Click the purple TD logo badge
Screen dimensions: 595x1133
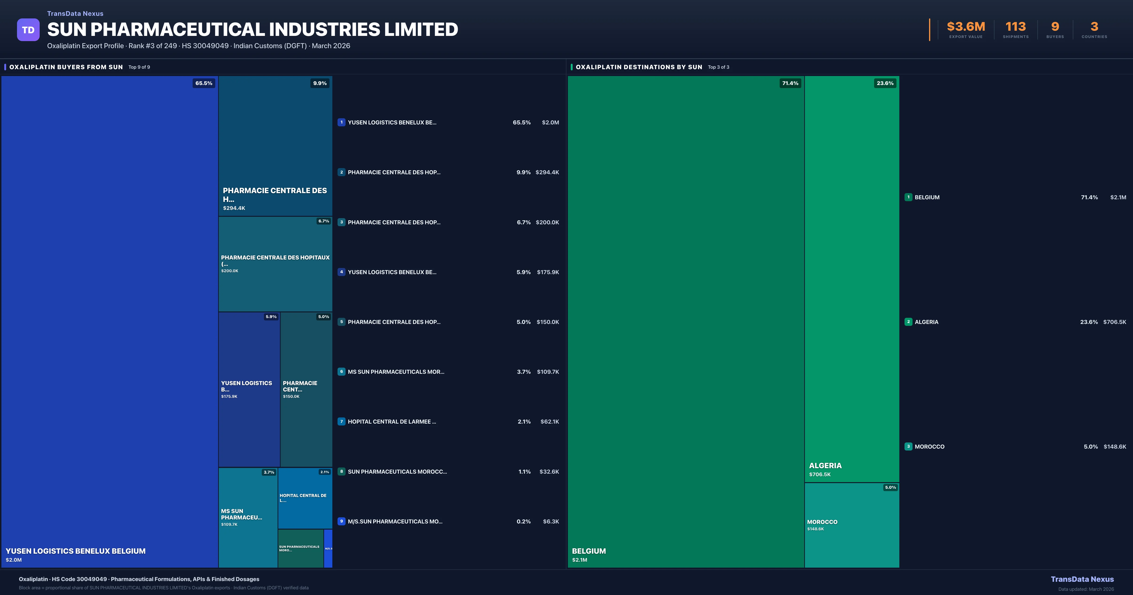(x=28, y=30)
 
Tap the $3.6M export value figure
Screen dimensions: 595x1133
(x=966, y=27)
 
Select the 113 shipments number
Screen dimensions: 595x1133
(x=1015, y=27)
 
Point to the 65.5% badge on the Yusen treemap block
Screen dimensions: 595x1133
(x=204, y=83)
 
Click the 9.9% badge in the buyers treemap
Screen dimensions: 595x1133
(x=320, y=83)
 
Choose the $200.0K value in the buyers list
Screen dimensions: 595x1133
(x=547, y=222)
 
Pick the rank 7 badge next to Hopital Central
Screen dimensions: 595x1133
(x=341, y=422)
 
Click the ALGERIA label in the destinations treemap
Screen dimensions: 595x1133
(x=825, y=466)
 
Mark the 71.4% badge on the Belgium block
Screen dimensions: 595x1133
(x=790, y=83)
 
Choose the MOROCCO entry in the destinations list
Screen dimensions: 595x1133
(x=929, y=447)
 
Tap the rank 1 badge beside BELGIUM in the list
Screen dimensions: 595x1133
(x=908, y=197)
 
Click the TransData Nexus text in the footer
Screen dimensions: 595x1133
(x=1082, y=579)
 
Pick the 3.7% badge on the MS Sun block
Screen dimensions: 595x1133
(x=269, y=472)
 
